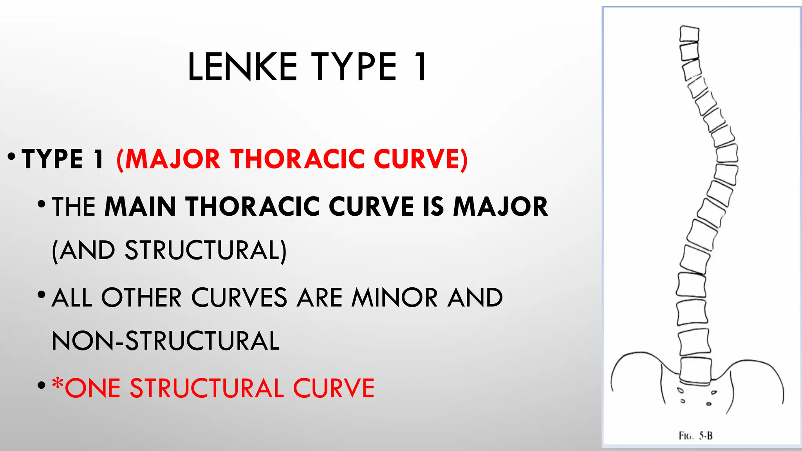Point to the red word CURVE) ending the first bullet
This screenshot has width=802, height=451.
click(x=421, y=159)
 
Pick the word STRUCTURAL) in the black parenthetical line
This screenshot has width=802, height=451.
click(x=206, y=250)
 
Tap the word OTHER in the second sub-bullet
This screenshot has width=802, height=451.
click(x=141, y=298)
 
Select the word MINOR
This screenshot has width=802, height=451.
click(x=394, y=298)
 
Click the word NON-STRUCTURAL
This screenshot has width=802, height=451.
click(x=166, y=341)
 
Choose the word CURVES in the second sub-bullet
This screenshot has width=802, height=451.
click(x=239, y=298)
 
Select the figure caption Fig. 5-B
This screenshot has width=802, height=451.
click(x=695, y=435)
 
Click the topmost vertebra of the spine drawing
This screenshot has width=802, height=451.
click(x=689, y=34)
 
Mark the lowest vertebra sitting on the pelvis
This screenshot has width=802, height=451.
click(x=695, y=370)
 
